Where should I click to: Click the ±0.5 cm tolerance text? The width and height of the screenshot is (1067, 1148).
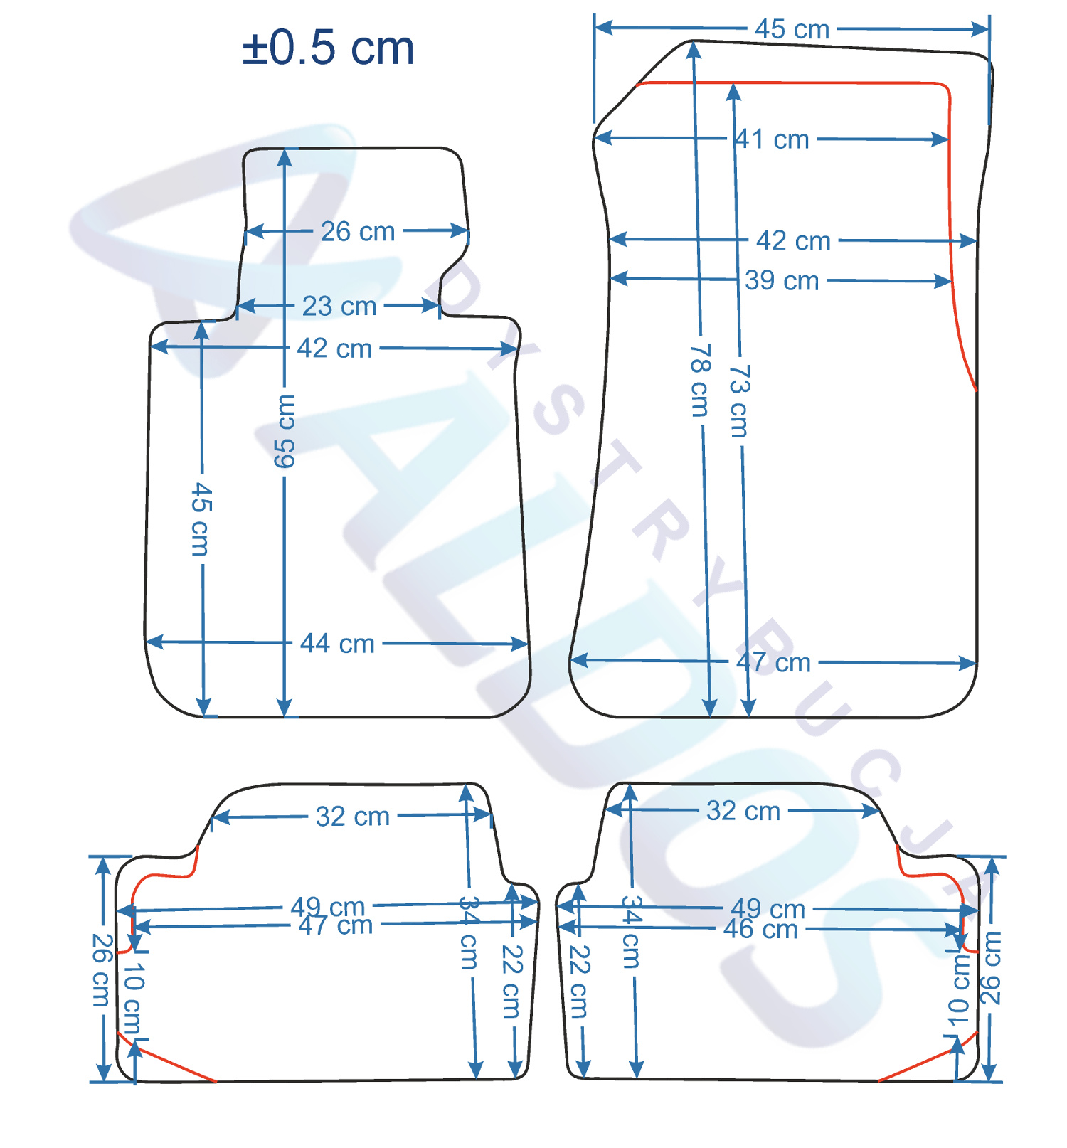328,48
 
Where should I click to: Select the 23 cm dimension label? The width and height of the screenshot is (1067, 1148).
339,307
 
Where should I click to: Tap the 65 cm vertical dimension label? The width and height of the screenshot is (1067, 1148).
285,432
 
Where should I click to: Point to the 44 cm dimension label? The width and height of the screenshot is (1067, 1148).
337,644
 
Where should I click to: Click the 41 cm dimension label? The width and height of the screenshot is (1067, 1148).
772,139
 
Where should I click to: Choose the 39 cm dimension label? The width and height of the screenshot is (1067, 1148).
782,280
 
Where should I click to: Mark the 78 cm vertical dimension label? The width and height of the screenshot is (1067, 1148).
701,381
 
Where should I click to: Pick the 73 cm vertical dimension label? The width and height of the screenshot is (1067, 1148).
740,401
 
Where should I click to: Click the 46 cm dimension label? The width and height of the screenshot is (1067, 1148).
760,929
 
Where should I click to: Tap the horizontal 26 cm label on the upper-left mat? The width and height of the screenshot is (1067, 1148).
358,231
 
